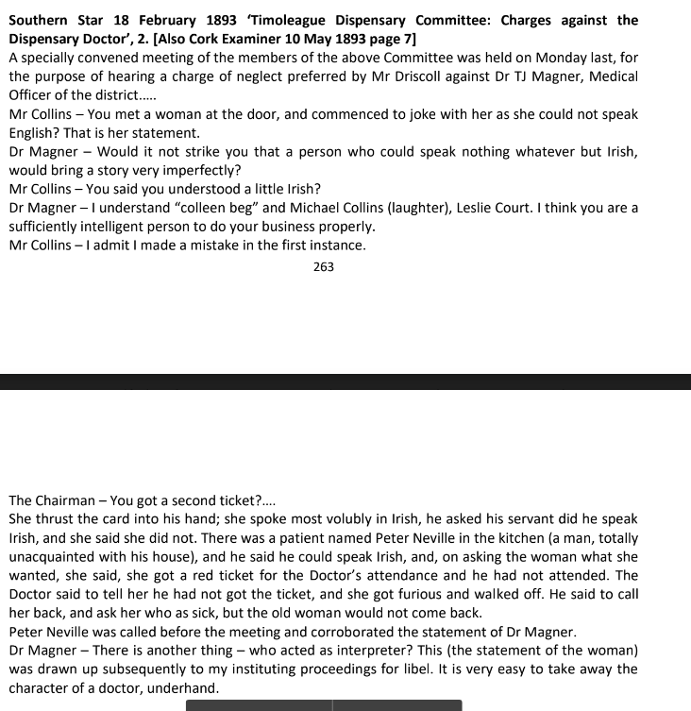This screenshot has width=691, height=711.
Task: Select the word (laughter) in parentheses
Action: tap(449, 208)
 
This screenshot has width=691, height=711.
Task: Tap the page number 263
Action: tap(324, 267)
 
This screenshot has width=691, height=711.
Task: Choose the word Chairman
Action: tap(67, 500)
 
